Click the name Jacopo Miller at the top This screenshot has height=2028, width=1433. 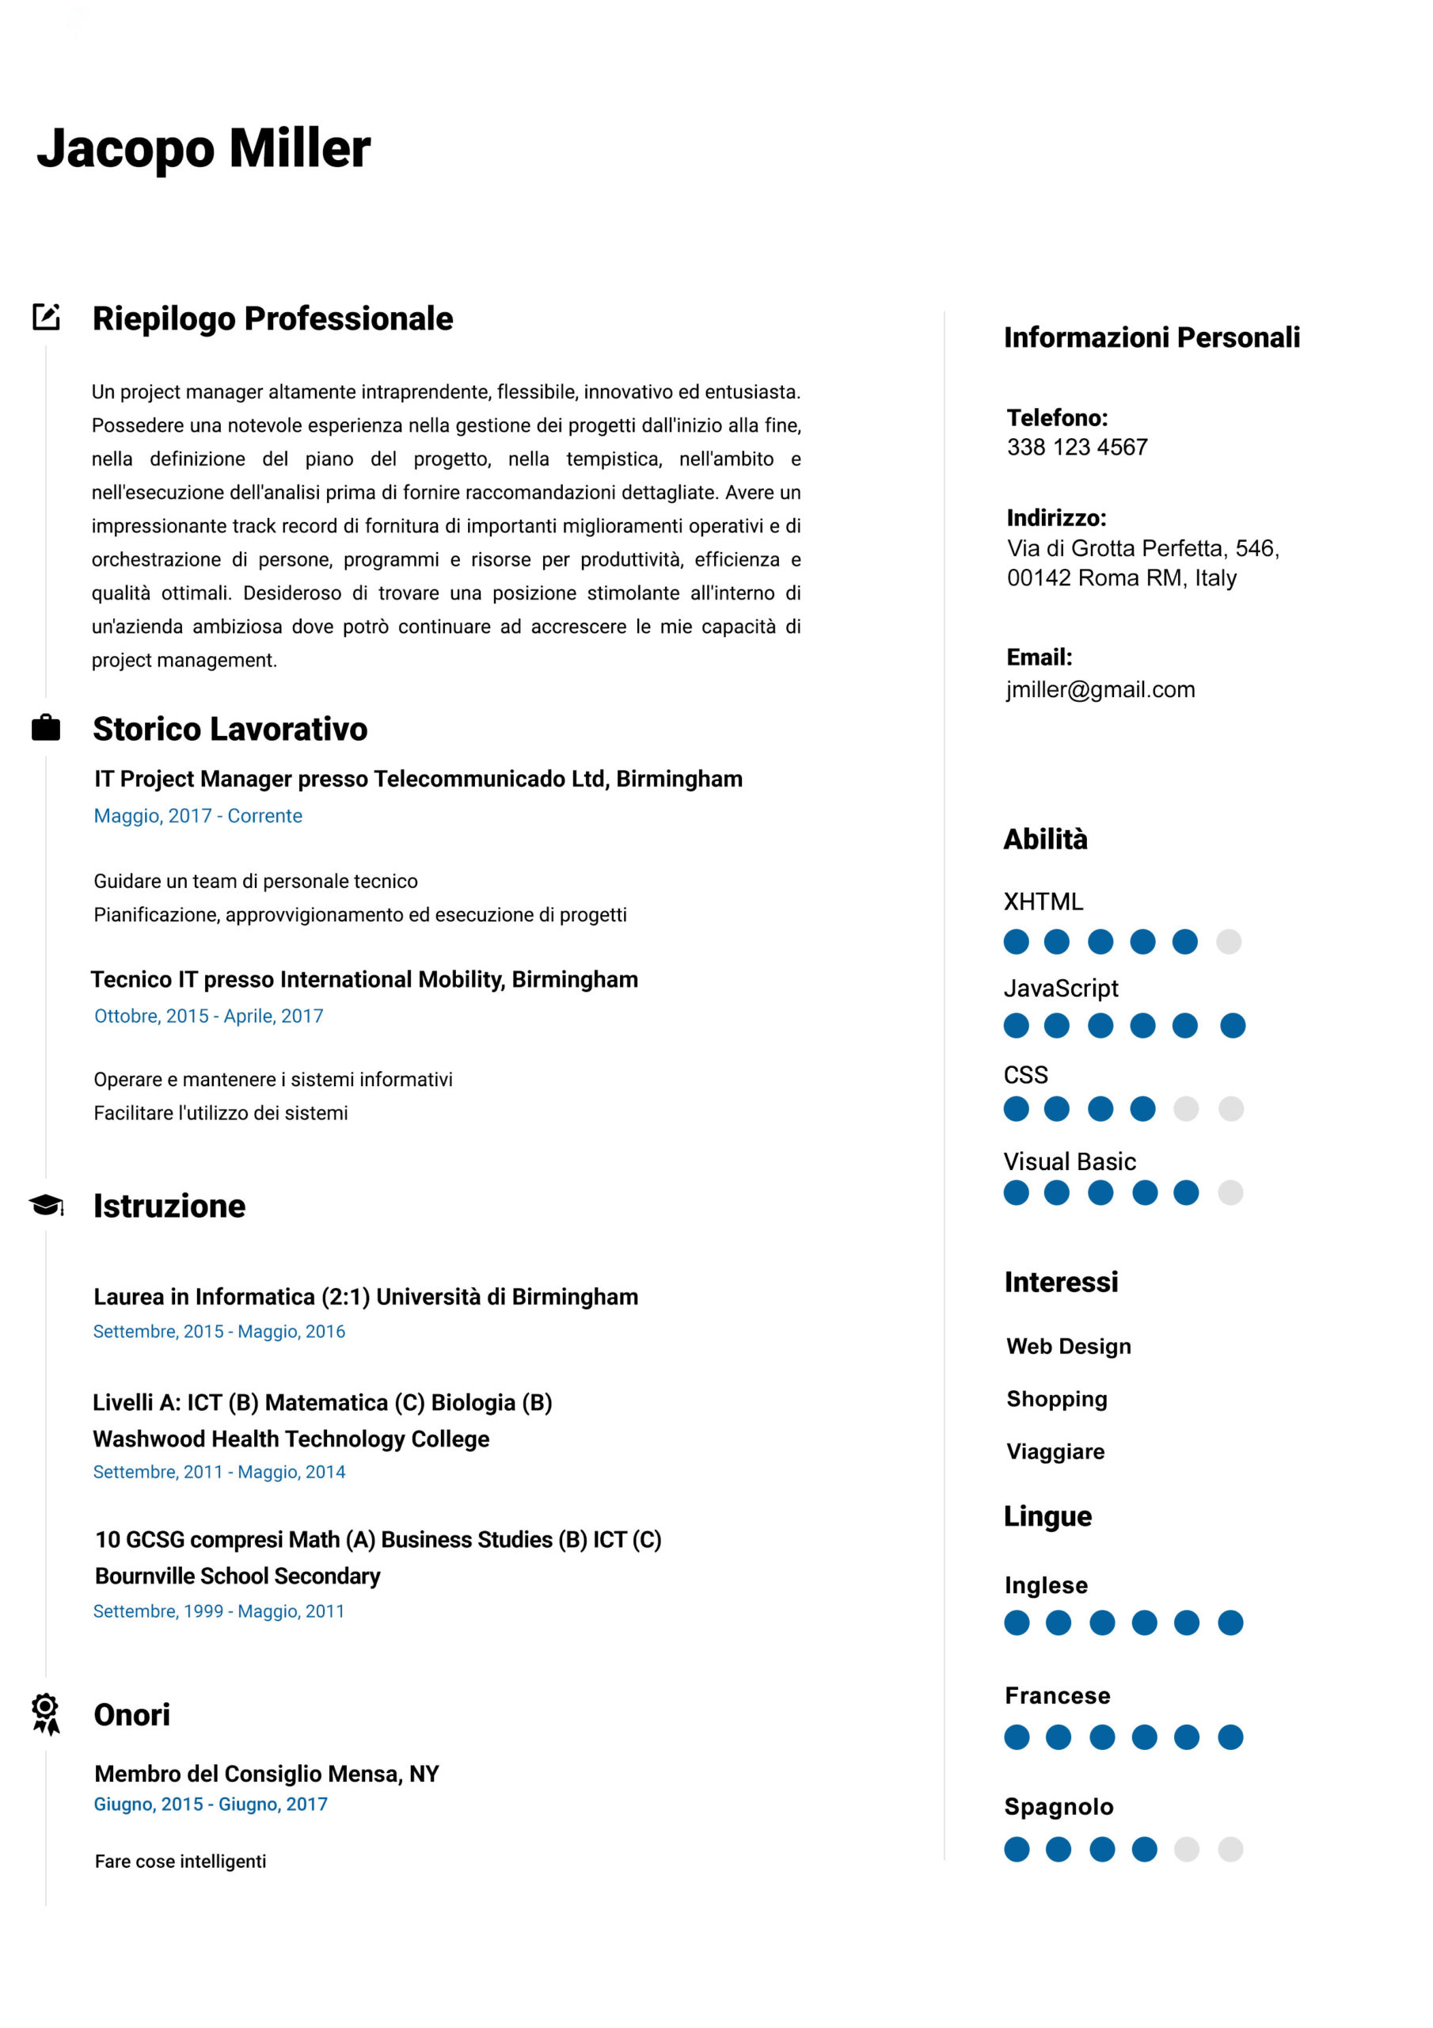[203, 147]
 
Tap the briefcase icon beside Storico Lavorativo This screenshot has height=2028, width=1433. [46, 728]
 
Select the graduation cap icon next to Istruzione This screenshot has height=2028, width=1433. [46, 1205]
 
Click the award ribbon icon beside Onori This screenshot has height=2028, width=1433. [46, 1714]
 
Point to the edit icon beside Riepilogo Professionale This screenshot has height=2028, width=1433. [46, 317]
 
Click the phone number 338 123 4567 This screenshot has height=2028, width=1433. [1078, 447]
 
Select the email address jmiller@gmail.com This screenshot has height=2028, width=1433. [1100, 689]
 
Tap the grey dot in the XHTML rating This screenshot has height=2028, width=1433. [1228, 942]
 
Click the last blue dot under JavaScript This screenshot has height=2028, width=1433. [1233, 1025]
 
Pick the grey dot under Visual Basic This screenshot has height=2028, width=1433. [1230, 1192]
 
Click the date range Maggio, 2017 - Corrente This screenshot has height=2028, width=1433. [198, 815]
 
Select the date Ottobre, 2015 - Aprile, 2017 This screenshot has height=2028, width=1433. [208, 1016]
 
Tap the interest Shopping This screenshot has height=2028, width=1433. [1057, 1398]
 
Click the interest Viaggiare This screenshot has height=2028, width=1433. [1055, 1451]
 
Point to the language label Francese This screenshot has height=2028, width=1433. [1057, 1695]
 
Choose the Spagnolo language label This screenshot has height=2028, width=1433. [1059, 1806]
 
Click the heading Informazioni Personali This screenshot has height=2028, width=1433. [1151, 337]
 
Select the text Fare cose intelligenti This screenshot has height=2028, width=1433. [181, 1861]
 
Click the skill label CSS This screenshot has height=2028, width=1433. [1025, 1075]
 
